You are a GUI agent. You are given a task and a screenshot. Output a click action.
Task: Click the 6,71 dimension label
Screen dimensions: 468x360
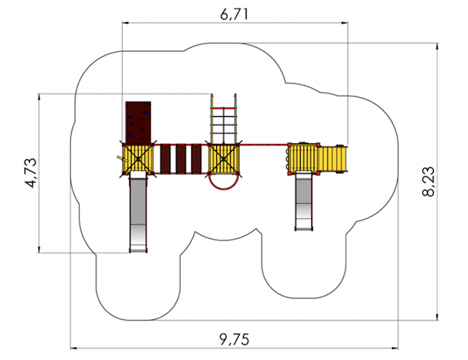[x=235, y=13]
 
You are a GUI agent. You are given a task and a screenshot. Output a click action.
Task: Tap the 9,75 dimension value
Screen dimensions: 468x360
[x=235, y=340]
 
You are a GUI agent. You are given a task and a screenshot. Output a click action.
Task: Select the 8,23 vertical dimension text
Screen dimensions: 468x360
[x=429, y=181]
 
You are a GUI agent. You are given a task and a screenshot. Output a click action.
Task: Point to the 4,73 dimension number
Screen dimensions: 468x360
[x=32, y=173]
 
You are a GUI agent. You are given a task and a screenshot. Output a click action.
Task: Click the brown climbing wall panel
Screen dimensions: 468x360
[x=138, y=122]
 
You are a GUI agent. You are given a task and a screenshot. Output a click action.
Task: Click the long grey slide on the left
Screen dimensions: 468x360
[x=138, y=212]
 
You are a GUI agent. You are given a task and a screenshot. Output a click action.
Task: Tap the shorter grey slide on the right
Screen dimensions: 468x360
[x=304, y=201]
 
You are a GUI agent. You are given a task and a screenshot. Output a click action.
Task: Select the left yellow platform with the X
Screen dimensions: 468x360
[x=138, y=159]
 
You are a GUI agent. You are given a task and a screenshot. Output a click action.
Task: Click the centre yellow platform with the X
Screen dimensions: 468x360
[x=224, y=159]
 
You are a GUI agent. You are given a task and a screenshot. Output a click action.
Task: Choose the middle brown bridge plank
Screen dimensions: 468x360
[x=181, y=159]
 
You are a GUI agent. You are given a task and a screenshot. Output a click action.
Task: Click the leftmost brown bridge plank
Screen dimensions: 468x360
[x=165, y=159]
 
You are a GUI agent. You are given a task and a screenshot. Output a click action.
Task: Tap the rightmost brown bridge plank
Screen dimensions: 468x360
[x=196, y=159]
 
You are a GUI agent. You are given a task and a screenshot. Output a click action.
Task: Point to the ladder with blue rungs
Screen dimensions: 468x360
[x=224, y=119]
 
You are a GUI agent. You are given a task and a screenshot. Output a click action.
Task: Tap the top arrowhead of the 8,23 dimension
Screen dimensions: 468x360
[x=437, y=46]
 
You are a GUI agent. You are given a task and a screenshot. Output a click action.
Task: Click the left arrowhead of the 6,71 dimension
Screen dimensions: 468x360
[x=125, y=22]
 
